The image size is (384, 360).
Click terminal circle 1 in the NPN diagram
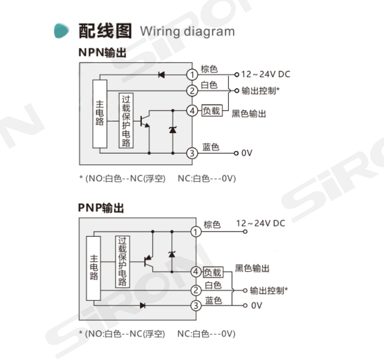(x=192, y=75)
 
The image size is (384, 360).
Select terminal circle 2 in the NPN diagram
(x=192, y=90)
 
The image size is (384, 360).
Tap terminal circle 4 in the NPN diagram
(x=192, y=110)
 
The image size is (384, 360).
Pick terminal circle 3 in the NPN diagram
(x=192, y=153)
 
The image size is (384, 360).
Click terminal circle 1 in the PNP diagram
(x=196, y=231)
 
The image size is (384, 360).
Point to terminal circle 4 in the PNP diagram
(x=196, y=272)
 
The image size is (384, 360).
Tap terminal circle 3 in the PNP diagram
(x=196, y=306)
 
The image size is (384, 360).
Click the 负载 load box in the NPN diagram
(x=211, y=110)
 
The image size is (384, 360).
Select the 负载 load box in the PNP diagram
(x=213, y=272)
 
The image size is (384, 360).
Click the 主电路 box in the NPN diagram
(x=100, y=113)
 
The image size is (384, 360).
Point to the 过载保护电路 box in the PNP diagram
(x=122, y=261)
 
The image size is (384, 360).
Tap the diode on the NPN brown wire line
(x=161, y=75)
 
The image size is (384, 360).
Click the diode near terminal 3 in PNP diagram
(x=143, y=306)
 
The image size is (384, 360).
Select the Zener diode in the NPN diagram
(x=172, y=130)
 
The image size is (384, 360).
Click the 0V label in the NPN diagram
(x=247, y=153)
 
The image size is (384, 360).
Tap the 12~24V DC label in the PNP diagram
(x=261, y=223)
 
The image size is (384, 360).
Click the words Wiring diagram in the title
(x=187, y=31)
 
